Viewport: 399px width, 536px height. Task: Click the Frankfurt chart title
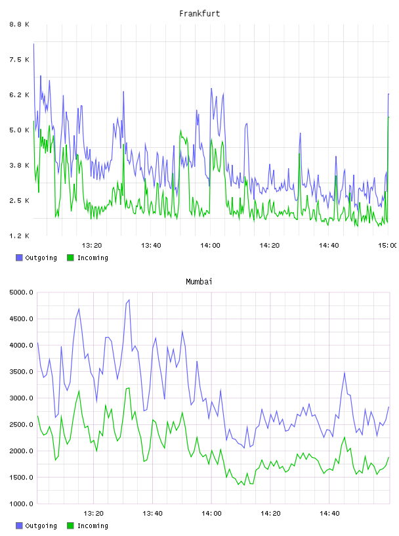tap(199, 14)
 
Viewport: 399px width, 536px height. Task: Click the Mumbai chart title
tap(199, 282)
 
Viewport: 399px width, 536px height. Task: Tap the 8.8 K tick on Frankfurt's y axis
tap(20, 24)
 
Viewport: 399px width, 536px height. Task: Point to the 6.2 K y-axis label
tap(20, 95)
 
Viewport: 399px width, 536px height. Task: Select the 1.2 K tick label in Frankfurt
tap(20, 236)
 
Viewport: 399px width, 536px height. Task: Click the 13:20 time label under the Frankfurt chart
tap(92, 245)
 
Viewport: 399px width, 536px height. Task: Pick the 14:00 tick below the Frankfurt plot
tap(211, 245)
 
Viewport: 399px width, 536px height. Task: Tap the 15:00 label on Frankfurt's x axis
tap(388, 245)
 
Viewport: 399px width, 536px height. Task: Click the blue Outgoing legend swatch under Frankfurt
tap(19, 257)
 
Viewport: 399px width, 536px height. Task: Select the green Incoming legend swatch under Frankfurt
tap(70, 257)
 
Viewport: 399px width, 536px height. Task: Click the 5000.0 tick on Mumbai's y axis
tap(22, 292)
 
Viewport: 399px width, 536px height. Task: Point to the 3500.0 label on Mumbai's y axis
tap(22, 372)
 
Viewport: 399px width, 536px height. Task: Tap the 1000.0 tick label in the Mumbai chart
tap(22, 504)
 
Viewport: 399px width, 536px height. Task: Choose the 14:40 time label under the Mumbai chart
tap(329, 513)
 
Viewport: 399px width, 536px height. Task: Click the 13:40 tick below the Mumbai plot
tap(153, 513)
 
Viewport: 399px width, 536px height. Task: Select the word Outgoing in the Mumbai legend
tap(41, 525)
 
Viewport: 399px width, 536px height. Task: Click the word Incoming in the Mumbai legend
tap(93, 525)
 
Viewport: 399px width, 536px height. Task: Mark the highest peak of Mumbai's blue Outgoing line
tap(129, 300)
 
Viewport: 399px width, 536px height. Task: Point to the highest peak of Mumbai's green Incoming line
tap(129, 388)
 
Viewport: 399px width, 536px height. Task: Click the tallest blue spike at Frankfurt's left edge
tap(33, 44)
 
